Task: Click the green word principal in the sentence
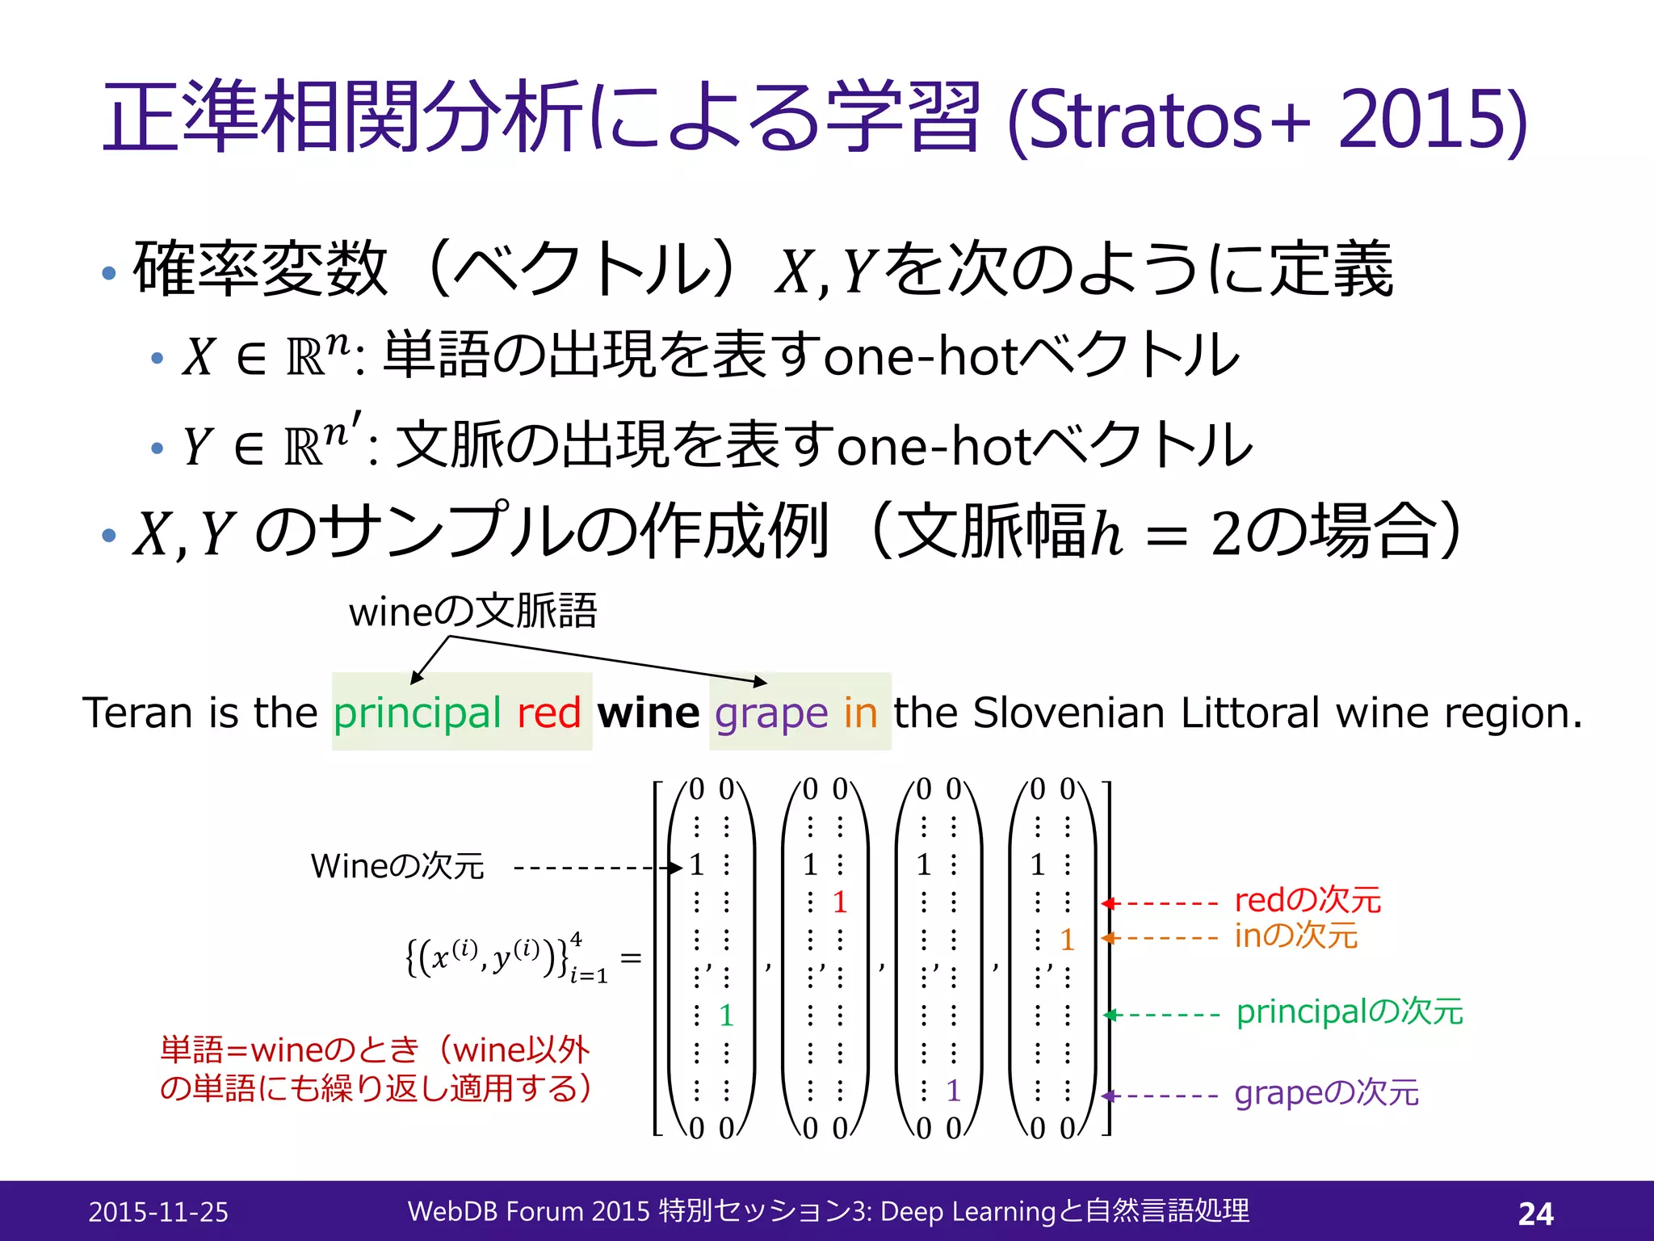[418, 714]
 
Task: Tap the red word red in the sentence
[548, 713]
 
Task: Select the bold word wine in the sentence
[648, 713]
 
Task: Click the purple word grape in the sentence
[771, 714]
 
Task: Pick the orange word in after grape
[860, 713]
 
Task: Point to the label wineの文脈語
[472, 612]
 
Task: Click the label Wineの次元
[397, 866]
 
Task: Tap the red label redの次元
[1308, 900]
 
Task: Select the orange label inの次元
[1295, 936]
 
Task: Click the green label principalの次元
[1349, 1012]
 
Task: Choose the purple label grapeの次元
[1326, 1093]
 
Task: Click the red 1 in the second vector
[840, 902]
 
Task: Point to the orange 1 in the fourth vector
[1067, 940]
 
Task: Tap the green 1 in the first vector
[726, 1016]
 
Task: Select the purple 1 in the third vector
[953, 1092]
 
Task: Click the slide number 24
[1535, 1213]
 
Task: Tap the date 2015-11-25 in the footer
[158, 1212]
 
